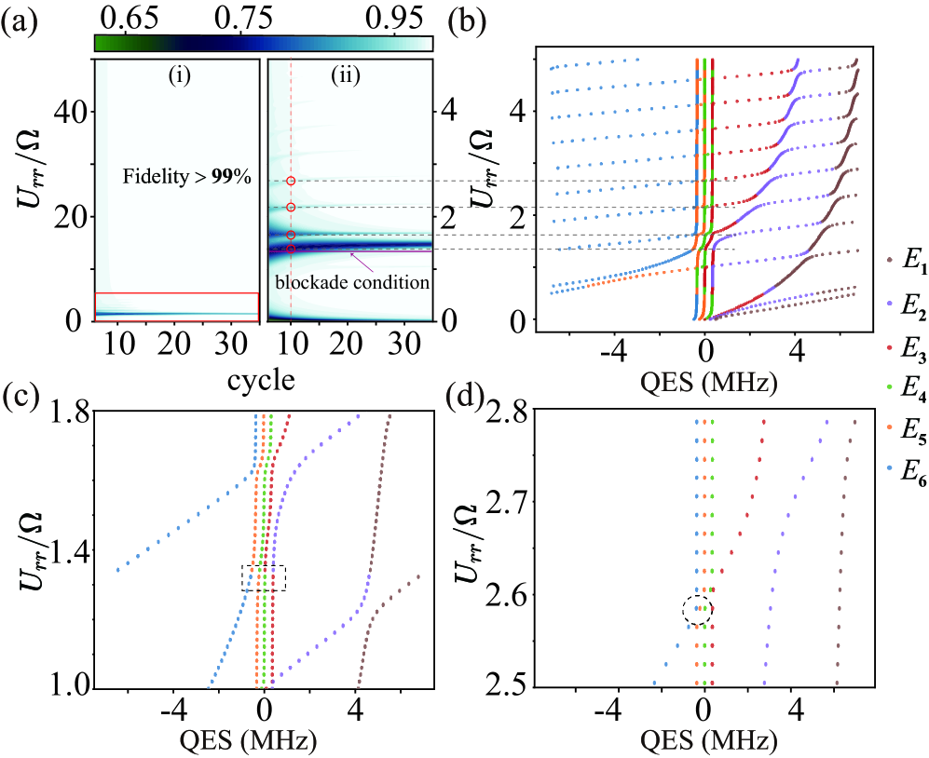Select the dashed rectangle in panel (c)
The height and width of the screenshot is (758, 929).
[x=264, y=577]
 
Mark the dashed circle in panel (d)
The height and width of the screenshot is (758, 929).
[x=697, y=610]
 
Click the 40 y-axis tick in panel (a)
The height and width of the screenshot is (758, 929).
[x=68, y=111]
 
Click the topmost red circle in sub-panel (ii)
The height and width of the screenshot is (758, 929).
[x=291, y=182]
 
